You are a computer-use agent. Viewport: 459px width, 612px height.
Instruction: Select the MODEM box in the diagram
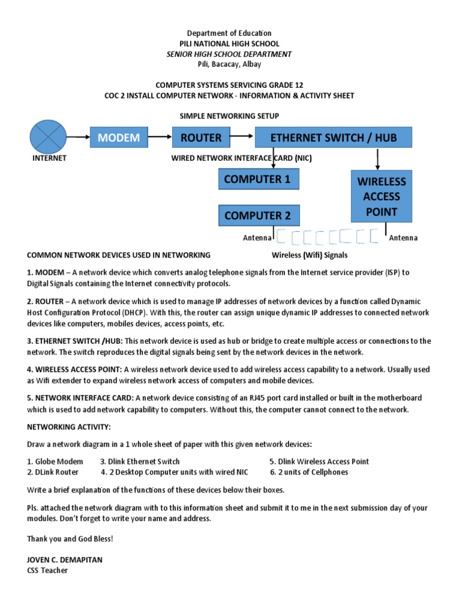(x=119, y=137)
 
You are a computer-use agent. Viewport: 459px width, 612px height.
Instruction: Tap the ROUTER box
(x=201, y=137)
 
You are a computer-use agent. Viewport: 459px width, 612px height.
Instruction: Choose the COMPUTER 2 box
(x=258, y=215)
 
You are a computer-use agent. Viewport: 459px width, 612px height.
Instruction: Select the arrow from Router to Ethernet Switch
(x=241, y=137)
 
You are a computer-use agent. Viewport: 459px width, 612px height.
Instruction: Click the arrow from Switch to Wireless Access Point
(x=378, y=158)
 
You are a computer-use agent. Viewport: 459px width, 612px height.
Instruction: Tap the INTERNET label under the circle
(x=49, y=158)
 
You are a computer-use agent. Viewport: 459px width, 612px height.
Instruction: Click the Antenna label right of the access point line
(x=403, y=238)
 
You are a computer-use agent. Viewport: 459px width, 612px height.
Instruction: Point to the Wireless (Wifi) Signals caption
(x=310, y=255)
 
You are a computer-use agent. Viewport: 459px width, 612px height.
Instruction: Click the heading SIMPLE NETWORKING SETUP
(x=229, y=115)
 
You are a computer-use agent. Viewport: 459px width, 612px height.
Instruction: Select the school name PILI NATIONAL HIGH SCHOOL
(x=229, y=44)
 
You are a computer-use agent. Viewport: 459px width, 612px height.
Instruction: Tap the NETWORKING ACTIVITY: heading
(x=69, y=427)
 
